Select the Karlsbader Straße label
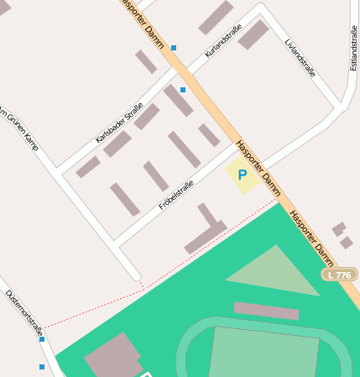click(119, 123)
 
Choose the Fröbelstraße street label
click(176, 195)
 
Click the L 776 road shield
click(340, 275)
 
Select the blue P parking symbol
click(243, 175)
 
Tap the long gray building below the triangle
click(265, 311)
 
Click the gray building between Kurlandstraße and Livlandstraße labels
click(253, 35)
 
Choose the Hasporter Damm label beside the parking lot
click(258, 162)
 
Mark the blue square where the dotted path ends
click(42, 339)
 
